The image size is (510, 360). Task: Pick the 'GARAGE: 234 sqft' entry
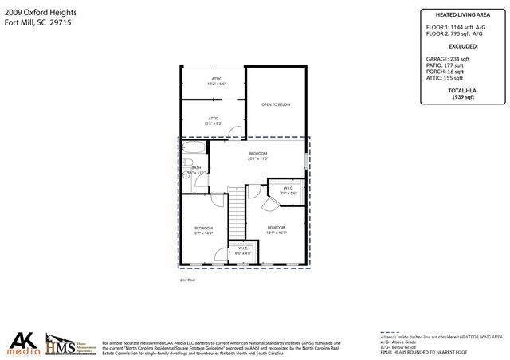click(x=449, y=59)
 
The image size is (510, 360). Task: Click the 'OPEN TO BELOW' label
click(x=276, y=105)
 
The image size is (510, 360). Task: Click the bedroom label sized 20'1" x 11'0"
click(x=257, y=156)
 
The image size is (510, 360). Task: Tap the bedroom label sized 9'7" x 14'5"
click(x=205, y=231)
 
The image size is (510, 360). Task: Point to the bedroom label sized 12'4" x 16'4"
click(x=277, y=230)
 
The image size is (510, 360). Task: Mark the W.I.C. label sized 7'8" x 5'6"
click(x=288, y=191)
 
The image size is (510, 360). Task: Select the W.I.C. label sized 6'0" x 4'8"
click(x=243, y=250)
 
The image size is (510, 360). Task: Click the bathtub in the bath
click(x=194, y=150)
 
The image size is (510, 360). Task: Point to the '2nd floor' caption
click(x=189, y=280)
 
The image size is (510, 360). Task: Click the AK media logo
click(x=24, y=343)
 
